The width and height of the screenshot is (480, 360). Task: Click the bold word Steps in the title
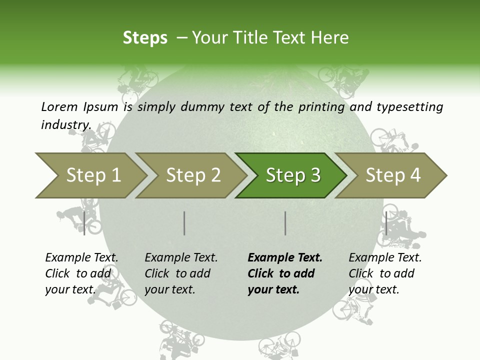click(x=145, y=38)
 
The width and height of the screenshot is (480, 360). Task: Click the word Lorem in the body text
click(x=59, y=106)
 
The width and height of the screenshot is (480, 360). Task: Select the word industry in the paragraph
click(x=66, y=124)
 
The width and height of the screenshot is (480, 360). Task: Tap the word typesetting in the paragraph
click(x=409, y=107)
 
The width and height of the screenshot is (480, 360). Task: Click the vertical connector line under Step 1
click(x=84, y=223)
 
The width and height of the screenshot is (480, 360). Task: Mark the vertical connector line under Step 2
click(x=184, y=223)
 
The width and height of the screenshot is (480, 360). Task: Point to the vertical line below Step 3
click(x=285, y=223)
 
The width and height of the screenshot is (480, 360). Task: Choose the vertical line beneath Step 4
click(x=386, y=223)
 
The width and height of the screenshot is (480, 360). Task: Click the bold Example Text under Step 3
click(x=285, y=258)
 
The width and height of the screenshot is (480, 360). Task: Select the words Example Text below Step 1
click(x=81, y=258)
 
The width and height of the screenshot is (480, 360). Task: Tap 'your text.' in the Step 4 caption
click(x=373, y=289)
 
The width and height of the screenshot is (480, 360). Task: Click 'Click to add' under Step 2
click(x=177, y=273)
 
